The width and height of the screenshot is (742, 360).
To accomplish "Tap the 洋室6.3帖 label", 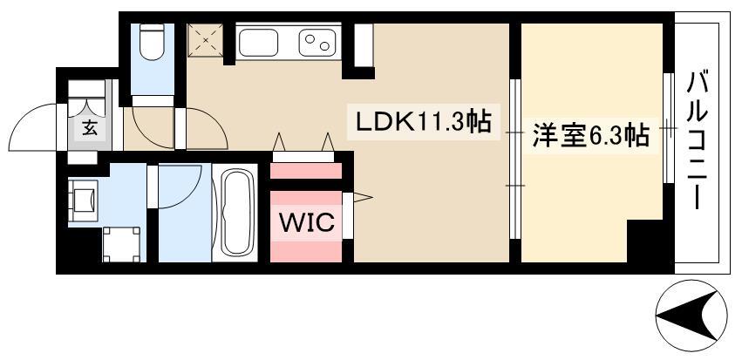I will (590, 137).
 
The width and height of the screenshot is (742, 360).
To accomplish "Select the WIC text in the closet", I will (306, 222).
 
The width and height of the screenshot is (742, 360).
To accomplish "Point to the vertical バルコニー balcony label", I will (698, 139).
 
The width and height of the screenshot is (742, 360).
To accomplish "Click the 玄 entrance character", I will (89, 128).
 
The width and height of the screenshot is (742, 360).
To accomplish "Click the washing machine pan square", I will (121, 243).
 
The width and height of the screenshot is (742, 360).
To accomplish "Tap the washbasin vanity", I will (85, 199).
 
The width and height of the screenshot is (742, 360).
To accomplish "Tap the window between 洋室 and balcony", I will (669, 129).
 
